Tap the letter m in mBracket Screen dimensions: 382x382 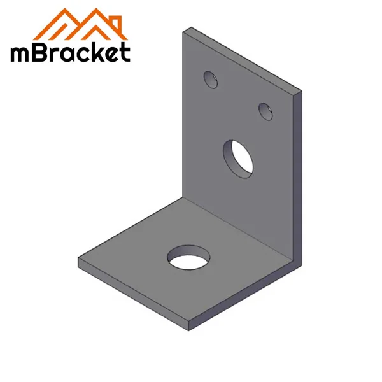(x=21, y=53)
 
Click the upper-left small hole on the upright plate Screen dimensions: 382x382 (x=210, y=79)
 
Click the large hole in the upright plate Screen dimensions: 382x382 (x=239, y=156)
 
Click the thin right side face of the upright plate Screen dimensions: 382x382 (x=297, y=178)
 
